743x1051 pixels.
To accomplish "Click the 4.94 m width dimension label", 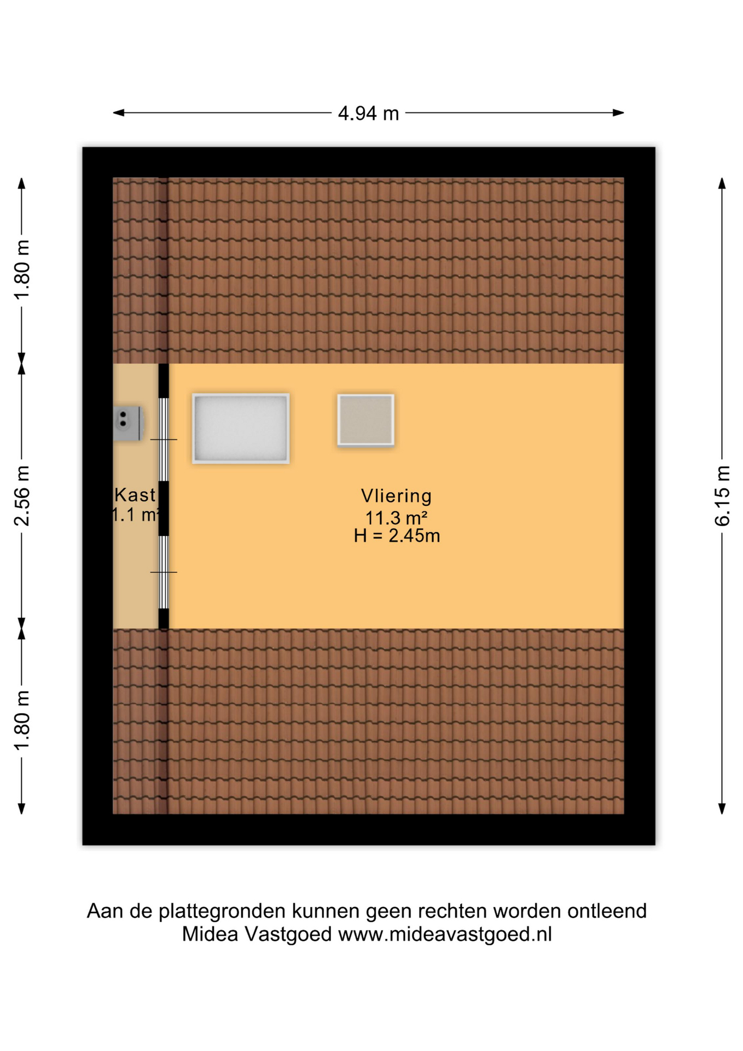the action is tap(368, 113).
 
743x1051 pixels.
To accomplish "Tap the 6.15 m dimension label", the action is tap(722, 496).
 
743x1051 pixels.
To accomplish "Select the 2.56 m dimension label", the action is tap(22, 496).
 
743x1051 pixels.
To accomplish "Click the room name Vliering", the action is tap(396, 496).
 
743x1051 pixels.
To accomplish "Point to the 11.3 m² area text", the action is tap(396, 517).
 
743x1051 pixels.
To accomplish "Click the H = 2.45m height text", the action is tap(397, 535).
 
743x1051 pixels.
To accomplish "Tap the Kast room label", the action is tap(135, 495).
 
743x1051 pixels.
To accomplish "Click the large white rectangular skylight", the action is tap(241, 429).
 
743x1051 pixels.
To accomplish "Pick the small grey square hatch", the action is tap(365, 420).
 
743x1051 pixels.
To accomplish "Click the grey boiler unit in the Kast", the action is tap(129, 423).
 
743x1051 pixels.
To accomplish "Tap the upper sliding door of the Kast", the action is tap(164, 440).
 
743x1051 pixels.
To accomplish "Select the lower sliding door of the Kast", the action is tap(164, 572).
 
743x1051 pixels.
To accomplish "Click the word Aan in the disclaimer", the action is tap(105, 911).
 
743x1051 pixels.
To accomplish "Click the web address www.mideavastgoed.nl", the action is tap(445, 934).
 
